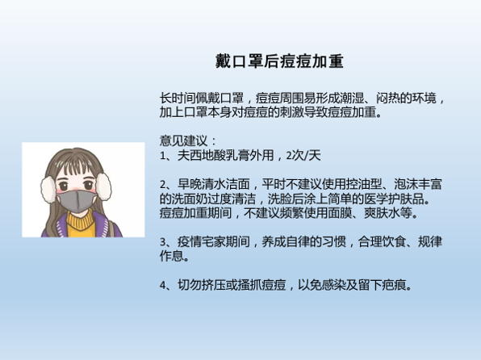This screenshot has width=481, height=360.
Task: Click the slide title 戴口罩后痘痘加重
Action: pyautogui.click(x=279, y=61)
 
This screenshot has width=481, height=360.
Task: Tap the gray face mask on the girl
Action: pyautogui.click(x=77, y=201)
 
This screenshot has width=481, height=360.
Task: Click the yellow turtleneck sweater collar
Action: pyautogui.click(x=81, y=222)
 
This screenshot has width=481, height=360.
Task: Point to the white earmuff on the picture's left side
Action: pyautogui.click(x=48, y=190)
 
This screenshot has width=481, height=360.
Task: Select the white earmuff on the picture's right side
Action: pyautogui.click(x=103, y=186)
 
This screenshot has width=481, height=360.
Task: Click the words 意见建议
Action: pyautogui.click(x=183, y=141)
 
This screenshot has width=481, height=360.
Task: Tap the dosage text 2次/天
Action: pyautogui.click(x=303, y=155)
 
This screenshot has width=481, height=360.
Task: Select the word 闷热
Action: pyautogui.click(x=387, y=98)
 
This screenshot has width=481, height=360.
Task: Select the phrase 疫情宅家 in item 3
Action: pyautogui.click(x=201, y=242)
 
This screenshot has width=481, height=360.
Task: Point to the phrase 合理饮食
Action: pyautogui.click(x=382, y=242)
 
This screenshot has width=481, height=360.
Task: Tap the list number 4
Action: pyautogui.click(x=163, y=286)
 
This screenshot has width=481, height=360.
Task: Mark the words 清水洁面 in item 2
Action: pyautogui.click(x=225, y=184)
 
